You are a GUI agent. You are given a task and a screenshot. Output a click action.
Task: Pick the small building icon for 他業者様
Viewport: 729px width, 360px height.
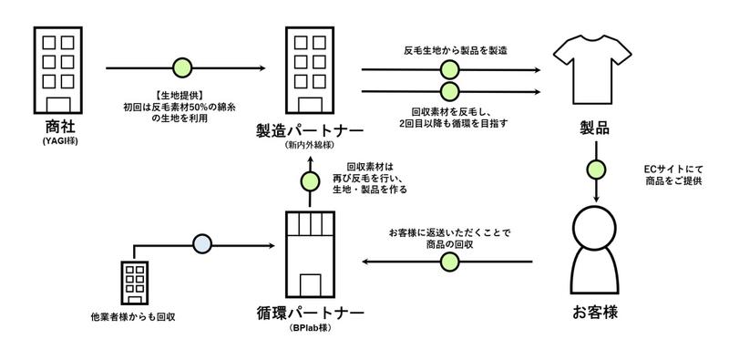[135, 283]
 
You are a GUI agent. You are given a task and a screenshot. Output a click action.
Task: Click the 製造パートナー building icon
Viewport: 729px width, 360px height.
[311, 67]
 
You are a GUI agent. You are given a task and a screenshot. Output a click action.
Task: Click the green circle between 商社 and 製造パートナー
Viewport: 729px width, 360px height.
[182, 68]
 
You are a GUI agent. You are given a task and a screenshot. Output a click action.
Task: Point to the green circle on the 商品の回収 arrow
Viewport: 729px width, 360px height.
[448, 262]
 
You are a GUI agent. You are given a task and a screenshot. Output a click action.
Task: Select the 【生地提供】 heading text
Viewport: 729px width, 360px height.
[183, 93]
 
